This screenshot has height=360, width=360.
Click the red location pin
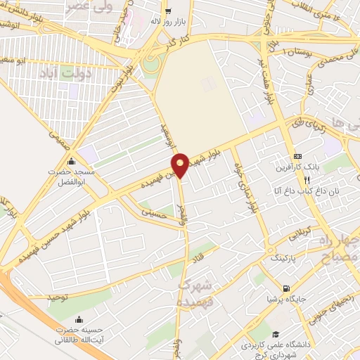coord(180,165)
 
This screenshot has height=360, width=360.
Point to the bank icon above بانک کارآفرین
coord(297,156)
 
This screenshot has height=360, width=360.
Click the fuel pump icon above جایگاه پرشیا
coord(285,288)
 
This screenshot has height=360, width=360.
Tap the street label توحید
coord(60,298)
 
